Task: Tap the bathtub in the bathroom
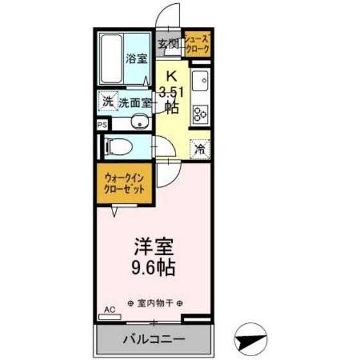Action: pyautogui.click(x=114, y=58)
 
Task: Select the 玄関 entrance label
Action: pyautogui.click(x=169, y=44)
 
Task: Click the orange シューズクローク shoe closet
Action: pyautogui.click(x=197, y=45)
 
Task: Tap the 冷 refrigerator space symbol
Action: pyautogui.click(x=200, y=148)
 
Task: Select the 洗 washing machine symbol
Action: pyautogui.click(x=107, y=101)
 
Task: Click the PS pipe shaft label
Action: pyautogui.click(x=102, y=125)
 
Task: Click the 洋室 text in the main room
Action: pyautogui.click(x=154, y=246)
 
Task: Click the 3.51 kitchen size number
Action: pyautogui.click(x=172, y=91)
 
